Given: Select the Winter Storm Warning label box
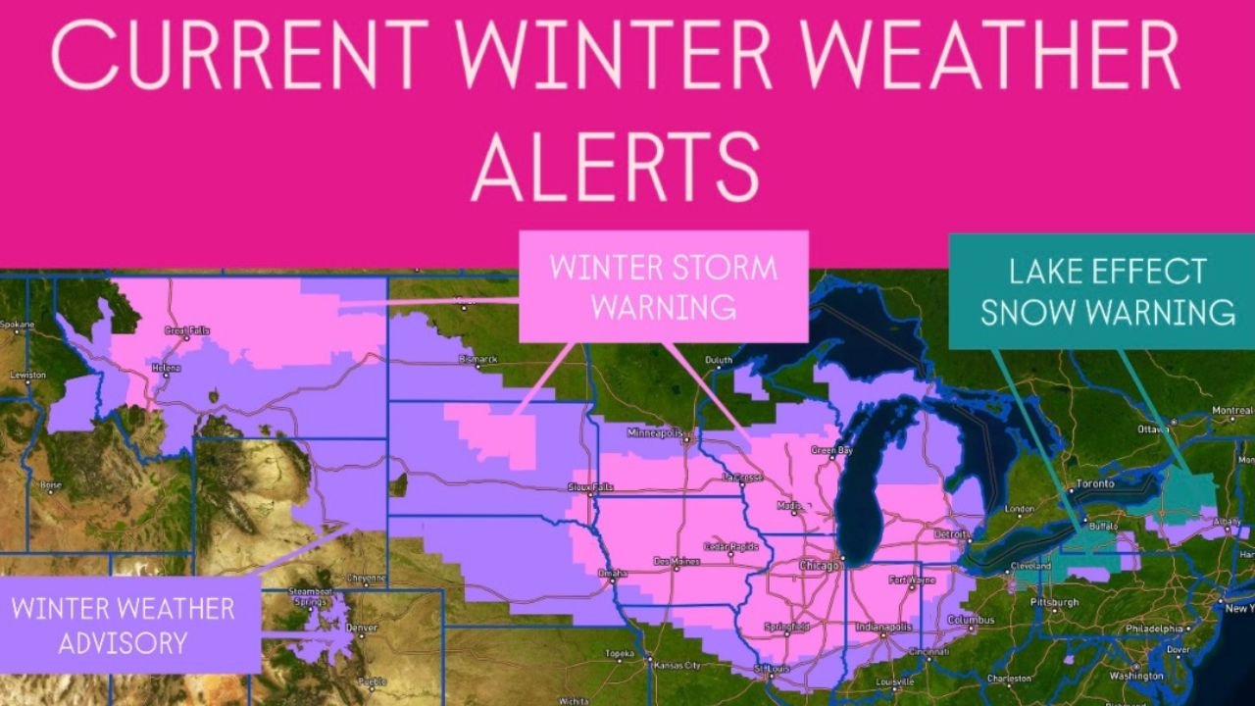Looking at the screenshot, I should click(x=663, y=286).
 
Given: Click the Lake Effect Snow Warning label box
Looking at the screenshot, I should click(x=1107, y=291).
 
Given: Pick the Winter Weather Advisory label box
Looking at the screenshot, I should click(x=124, y=625).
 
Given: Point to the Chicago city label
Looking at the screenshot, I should click(x=820, y=566).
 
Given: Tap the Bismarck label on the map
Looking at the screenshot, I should click(x=479, y=360).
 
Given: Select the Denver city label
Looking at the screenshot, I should click(x=362, y=628).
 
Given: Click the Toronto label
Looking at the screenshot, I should click(x=1095, y=484).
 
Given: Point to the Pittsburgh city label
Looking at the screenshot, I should click(x=1055, y=602).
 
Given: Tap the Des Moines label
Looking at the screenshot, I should click(x=677, y=562).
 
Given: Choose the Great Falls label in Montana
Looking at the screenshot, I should click(x=188, y=331).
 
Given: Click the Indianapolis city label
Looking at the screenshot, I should click(x=883, y=628).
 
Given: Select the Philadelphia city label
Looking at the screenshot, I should click(x=1155, y=629).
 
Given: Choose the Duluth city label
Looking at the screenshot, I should click(x=719, y=361).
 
